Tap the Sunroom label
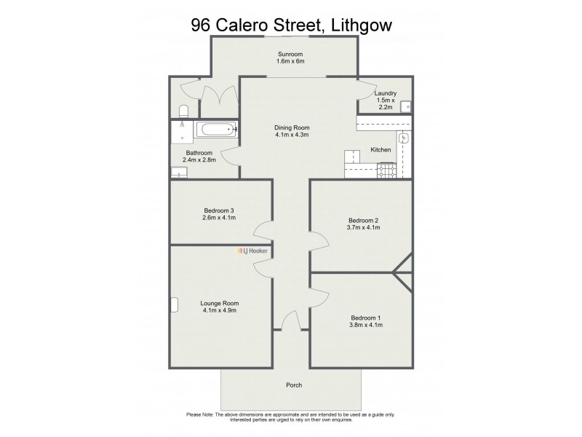[x=290, y=55]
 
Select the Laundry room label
[x=385, y=94]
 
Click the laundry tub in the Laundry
[x=406, y=106]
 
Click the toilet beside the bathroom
[x=183, y=111]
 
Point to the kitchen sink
[x=404, y=138]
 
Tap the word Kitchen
[x=380, y=150]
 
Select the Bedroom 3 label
[x=218, y=210]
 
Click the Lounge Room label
[x=219, y=303]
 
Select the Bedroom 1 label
[x=365, y=318]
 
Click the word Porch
[x=294, y=385]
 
